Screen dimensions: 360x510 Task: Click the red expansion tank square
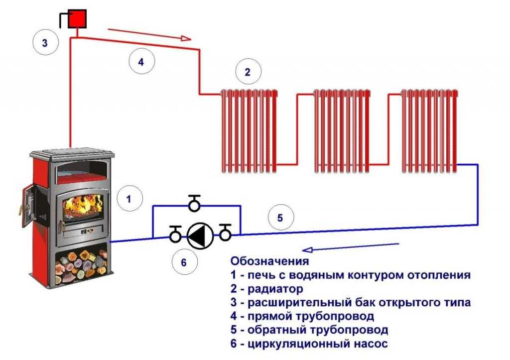pyautogui.click(x=78, y=19)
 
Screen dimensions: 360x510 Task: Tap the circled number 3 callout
pyautogui.click(x=45, y=42)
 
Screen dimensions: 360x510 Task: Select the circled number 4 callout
pyautogui.click(x=141, y=62)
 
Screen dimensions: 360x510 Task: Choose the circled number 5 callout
pyautogui.click(x=280, y=218)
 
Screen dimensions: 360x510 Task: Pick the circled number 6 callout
pyautogui.click(x=183, y=262)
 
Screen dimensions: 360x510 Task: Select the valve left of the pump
pyautogui.click(x=175, y=234)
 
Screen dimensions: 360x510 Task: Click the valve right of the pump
pyautogui.click(x=225, y=233)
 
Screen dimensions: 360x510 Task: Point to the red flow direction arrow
pyautogui.click(x=150, y=34)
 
